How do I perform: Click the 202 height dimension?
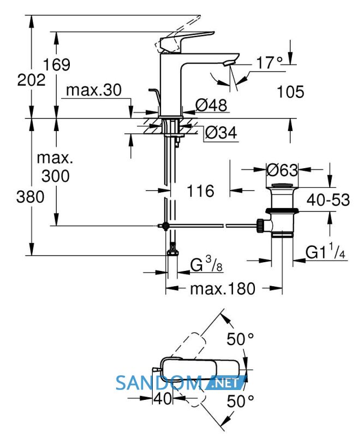pos(31,80)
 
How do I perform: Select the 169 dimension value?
pos(57,64)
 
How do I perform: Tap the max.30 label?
pos(94,90)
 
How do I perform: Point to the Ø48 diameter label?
pos(211,105)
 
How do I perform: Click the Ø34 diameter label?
pos(221,132)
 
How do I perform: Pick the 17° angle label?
pos(269,62)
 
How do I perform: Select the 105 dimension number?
pos(290,92)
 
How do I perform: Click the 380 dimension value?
pos(31,197)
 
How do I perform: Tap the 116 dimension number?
pos(200,191)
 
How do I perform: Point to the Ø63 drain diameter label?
pos(282,170)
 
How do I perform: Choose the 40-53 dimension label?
pos(328,200)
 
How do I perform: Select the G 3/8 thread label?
pos(207,264)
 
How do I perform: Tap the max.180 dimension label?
pos(223,288)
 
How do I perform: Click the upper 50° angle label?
pos(240,339)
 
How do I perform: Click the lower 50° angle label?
pos(240,401)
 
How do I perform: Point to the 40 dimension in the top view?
pos(163,399)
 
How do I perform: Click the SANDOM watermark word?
pos(159,383)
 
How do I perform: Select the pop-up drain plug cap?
pos(282,186)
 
